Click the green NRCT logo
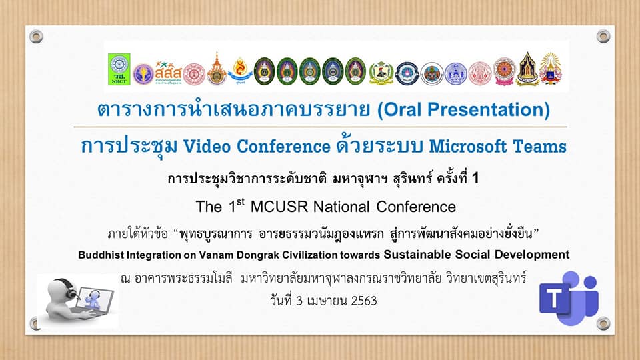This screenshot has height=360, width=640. coord(119,69)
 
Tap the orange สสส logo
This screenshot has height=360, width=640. coord(168,73)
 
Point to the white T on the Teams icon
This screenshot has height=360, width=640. coord(553,299)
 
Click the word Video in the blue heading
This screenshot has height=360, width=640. coord(207,146)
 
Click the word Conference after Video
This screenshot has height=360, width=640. coord(284,146)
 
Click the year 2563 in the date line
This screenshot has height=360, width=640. coord(364,301)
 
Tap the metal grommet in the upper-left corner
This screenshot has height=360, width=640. coord(36,36)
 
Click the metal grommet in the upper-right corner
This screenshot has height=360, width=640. coord(603,36)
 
